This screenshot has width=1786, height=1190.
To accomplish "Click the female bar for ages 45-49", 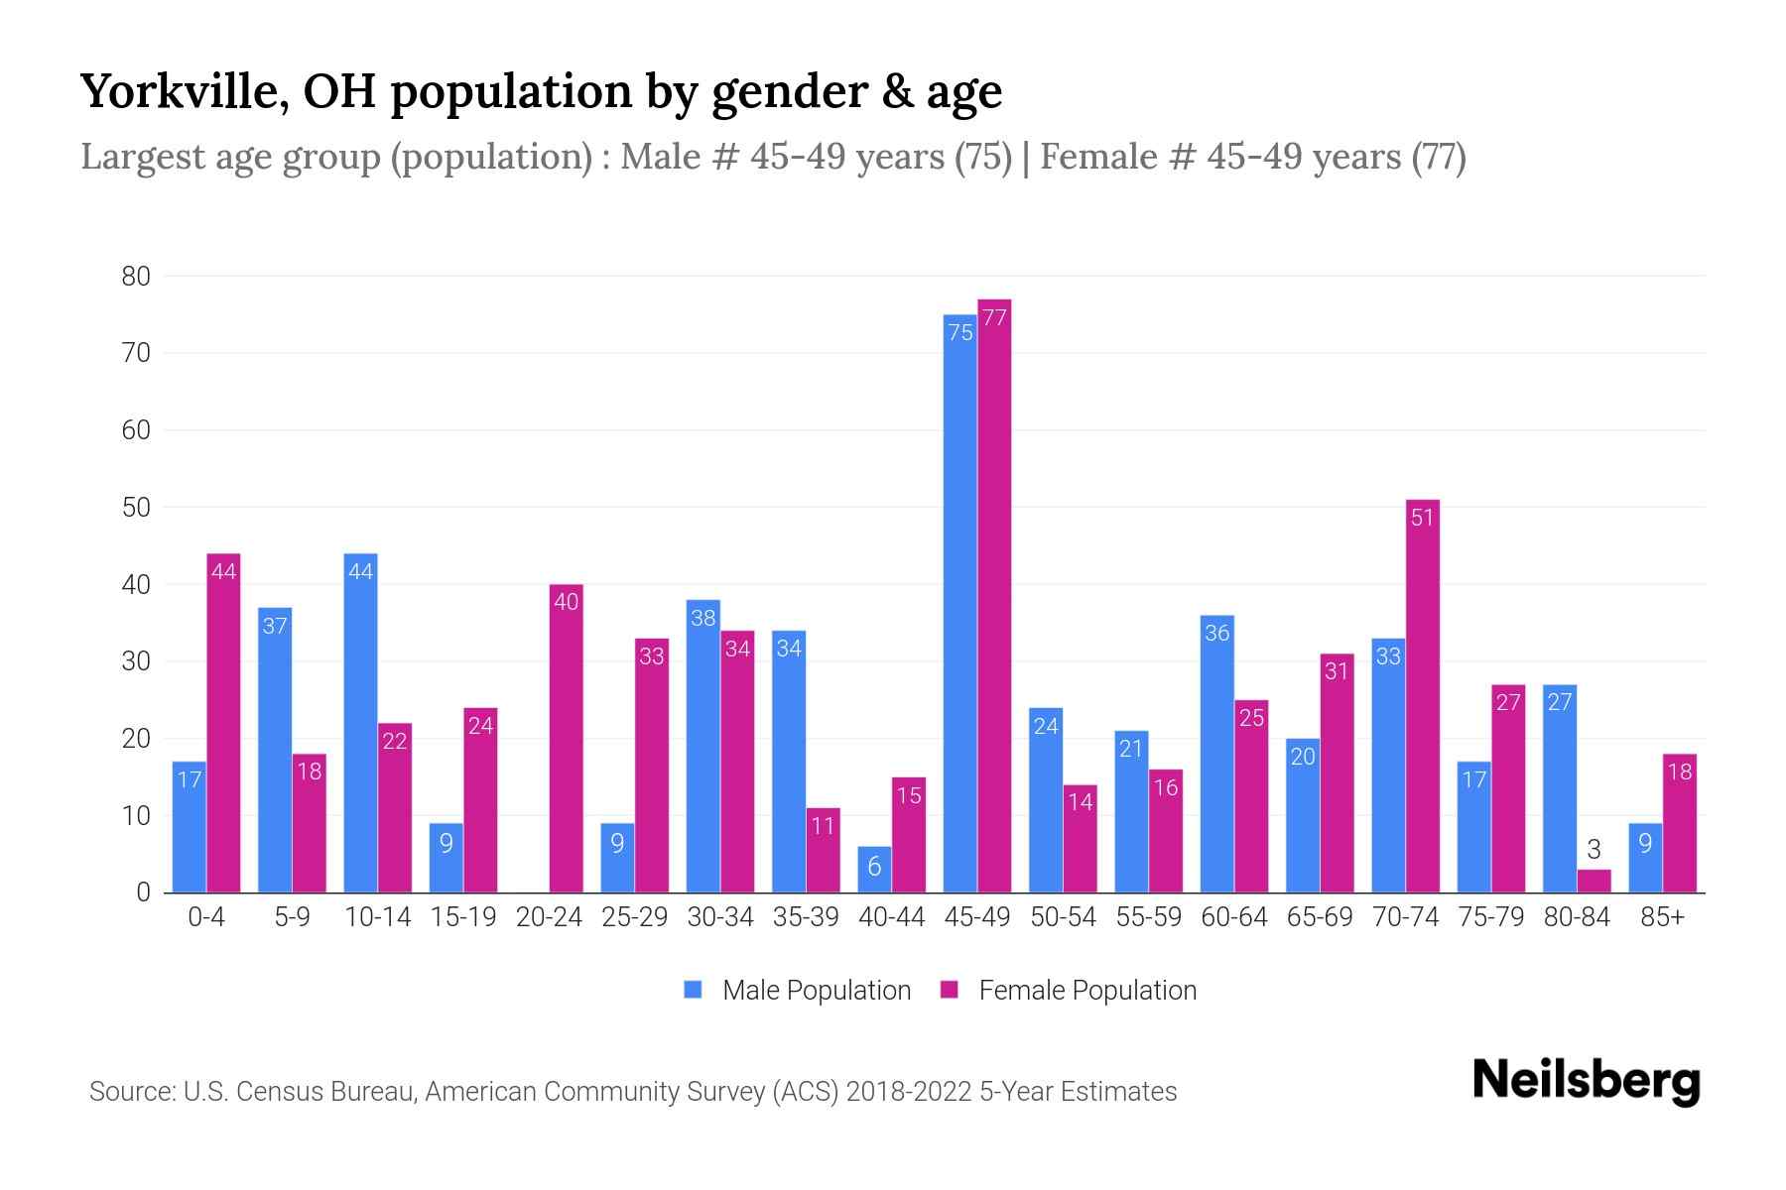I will point(994,595).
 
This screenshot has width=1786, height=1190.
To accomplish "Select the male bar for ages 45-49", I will point(959,605).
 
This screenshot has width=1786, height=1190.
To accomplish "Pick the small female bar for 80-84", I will point(1594,882).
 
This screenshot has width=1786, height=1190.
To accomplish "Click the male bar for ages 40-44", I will point(874,870).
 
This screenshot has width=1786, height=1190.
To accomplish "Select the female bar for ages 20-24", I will point(566,739).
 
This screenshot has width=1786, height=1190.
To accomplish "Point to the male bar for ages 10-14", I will point(360,724).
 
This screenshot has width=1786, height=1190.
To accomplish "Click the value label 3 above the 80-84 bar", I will point(1594,850).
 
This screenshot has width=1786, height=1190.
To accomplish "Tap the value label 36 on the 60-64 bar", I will point(1216,633).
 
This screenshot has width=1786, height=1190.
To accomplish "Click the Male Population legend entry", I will point(798,990).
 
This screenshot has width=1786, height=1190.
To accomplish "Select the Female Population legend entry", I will point(1069,990).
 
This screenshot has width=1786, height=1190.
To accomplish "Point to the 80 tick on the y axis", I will point(136,277).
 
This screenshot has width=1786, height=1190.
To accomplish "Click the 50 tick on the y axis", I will point(136,508).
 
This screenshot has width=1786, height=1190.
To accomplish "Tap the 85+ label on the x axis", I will point(1662,917).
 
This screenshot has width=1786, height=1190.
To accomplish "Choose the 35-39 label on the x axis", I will point(806,917).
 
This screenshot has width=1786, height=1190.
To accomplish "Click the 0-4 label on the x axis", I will point(206,917).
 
